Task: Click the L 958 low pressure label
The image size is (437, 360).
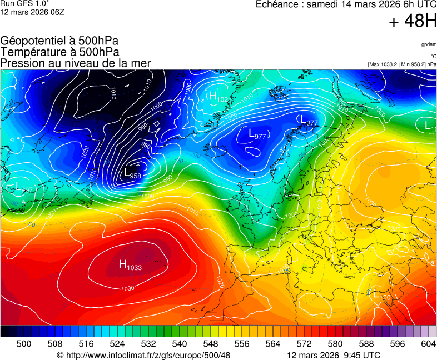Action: pyautogui.click(x=132, y=173)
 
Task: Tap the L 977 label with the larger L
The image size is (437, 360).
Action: pyautogui.click(x=257, y=133)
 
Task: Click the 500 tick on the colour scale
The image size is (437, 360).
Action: pyautogui.click(x=24, y=344)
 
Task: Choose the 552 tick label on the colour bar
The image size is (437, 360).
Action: pyautogui.click(x=226, y=344)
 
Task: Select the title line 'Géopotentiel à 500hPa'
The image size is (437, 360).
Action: pyautogui.click(x=59, y=41)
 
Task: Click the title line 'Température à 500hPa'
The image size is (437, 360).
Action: pyautogui.click(x=59, y=52)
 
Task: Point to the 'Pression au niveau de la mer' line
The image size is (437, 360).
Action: pyautogui.click(x=76, y=63)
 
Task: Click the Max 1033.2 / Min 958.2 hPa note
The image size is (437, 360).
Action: pyautogui.click(x=402, y=64)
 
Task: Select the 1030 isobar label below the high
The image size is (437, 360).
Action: pyautogui.click(x=128, y=288)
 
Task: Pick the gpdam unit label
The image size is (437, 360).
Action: pyautogui.click(x=429, y=44)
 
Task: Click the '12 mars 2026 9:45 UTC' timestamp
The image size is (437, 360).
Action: pyautogui.click(x=334, y=355)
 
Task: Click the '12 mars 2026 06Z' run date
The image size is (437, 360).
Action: pyautogui.click(x=32, y=12)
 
